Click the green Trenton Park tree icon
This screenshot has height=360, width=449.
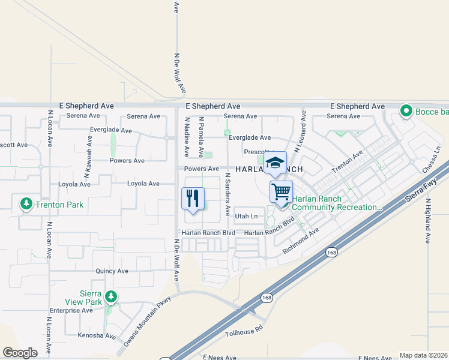click(x=26, y=204)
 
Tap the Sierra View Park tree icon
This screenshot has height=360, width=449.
click(x=110, y=296)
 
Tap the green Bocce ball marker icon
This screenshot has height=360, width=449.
click(x=406, y=111)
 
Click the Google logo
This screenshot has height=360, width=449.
click(x=20, y=353)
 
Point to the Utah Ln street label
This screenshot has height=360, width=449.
click(x=246, y=216)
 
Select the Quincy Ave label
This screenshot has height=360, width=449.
click(x=112, y=271)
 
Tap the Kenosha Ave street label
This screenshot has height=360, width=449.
click(x=97, y=336)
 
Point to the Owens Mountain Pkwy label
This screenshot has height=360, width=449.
click(x=148, y=321)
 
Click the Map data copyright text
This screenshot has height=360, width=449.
click(x=423, y=355)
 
